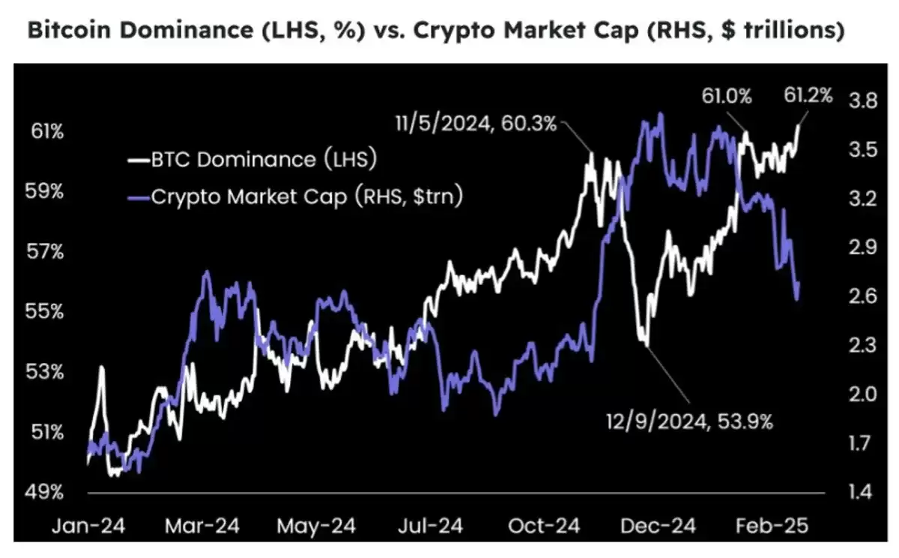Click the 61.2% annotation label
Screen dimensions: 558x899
tap(808, 96)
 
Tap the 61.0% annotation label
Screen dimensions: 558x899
tap(724, 96)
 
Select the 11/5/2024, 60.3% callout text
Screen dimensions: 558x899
tap(476, 124)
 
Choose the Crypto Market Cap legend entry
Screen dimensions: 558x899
tap(295, 197)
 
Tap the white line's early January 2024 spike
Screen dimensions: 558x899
tap(100, 368)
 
